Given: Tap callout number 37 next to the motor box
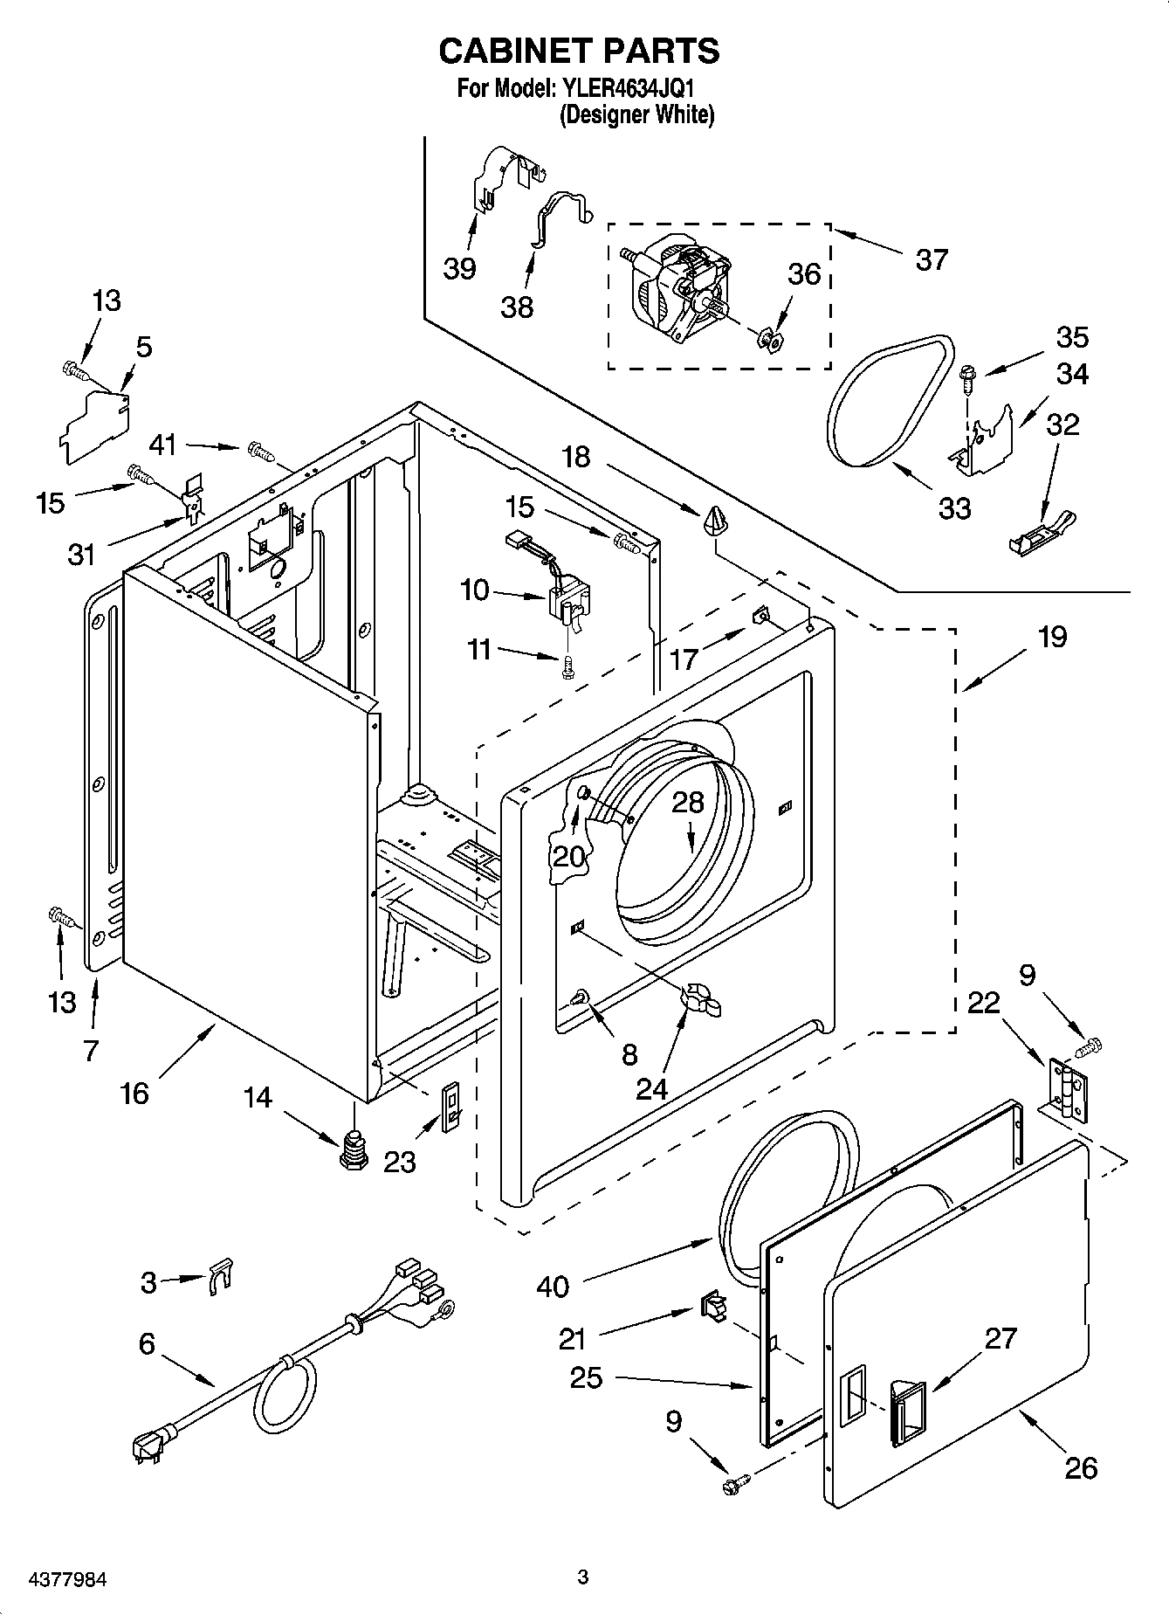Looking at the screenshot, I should pos(932,259).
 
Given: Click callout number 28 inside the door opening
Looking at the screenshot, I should pos(687,803).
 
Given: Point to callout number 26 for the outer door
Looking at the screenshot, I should pos(1081,1467).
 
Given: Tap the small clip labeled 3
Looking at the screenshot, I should pos(222,1276).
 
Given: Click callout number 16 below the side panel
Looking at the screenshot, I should pos(134,1093).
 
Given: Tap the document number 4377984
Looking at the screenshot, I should pos(55,1579).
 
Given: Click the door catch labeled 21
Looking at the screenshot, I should pos(712,1307).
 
